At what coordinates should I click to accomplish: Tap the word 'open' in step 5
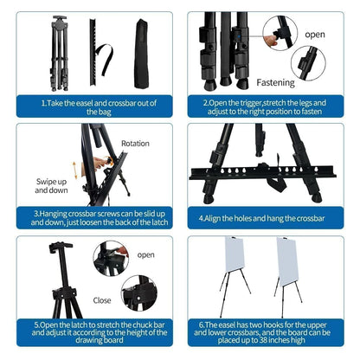[145, 255]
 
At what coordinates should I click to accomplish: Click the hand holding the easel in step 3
[101, 162]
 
